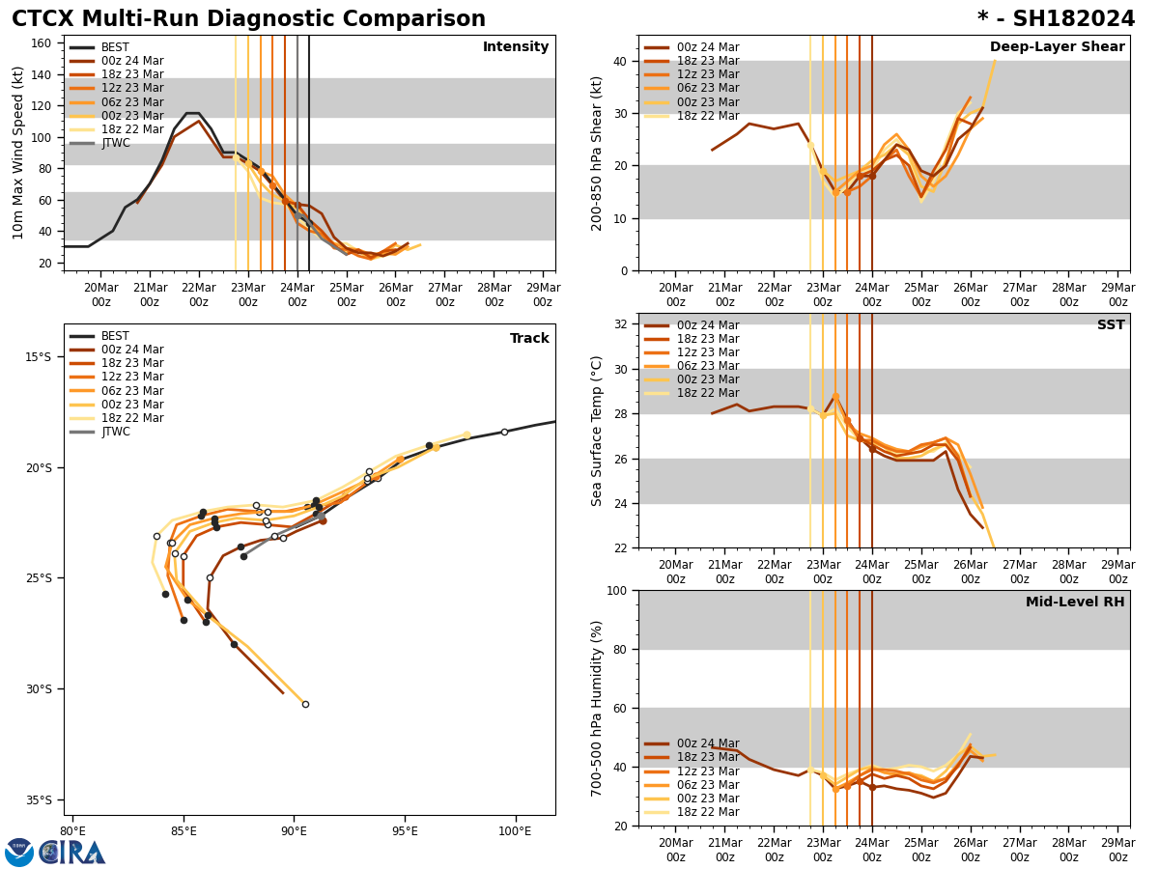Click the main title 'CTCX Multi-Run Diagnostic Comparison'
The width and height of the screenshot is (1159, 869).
point(248,19)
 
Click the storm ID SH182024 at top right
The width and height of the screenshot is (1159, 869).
point(1056,19)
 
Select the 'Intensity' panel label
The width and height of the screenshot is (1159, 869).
point(516,47)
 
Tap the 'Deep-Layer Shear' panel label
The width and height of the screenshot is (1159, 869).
point(1057,47)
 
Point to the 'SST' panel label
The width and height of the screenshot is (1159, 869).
point(1111,325)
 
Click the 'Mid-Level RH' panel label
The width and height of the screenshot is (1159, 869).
point(1075,603)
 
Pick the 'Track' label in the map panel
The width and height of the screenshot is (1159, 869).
point(529,339)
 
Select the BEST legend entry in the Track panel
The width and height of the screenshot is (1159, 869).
point(115,336)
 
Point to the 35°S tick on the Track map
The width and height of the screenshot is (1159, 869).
point(38,799)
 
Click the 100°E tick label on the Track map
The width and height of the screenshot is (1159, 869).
point(515,830)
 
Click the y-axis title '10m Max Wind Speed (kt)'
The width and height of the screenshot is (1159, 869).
point(18,153)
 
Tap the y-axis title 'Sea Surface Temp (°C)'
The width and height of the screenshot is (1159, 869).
point(597,431)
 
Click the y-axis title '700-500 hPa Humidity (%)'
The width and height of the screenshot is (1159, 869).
point(597,708)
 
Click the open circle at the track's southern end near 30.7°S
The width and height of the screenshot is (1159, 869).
point(305,704)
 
